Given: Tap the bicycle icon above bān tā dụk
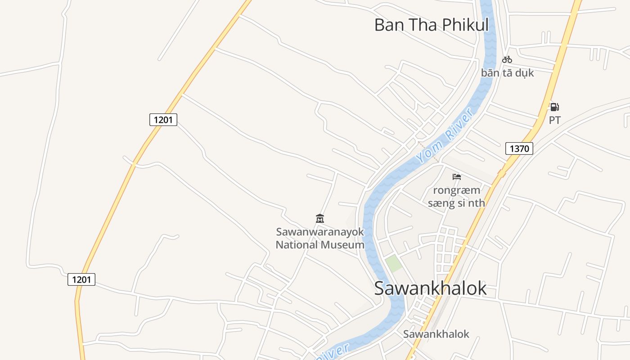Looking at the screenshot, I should coord(507,59).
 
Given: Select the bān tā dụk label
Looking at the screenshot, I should coord(507,72).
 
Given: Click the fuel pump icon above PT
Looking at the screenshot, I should coord(554,107).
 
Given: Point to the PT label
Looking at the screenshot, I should coord(554,120).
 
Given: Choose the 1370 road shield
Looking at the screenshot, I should coord(519,148).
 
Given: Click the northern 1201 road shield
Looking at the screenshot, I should coord(163,119).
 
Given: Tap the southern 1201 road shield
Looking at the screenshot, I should coord(81,279).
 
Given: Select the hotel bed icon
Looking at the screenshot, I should coord(457,177).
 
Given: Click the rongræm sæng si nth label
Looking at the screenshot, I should coord(456,197).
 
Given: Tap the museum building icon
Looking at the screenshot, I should coord(320,219).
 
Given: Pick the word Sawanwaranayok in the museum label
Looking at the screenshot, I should coord(319,232).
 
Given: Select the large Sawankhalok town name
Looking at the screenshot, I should coord(430,288).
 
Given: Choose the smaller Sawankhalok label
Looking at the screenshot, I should coord(436,334).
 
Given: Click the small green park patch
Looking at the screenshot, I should coord(393,264).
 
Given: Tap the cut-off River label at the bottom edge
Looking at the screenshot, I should coord(333,353).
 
